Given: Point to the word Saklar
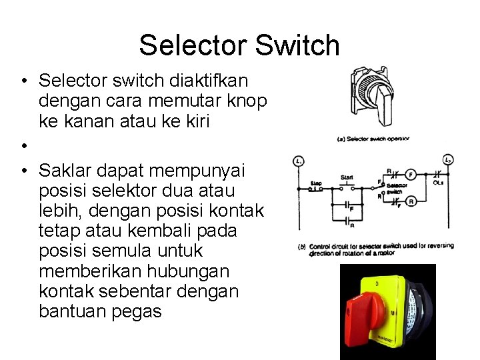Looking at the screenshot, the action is click(67, 171).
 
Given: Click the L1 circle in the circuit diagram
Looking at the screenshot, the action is click(299, 161).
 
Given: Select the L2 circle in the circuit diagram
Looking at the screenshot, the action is click(448, 161).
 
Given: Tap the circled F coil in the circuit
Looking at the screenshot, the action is click(411, 175).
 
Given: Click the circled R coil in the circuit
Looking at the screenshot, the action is click(411, 201).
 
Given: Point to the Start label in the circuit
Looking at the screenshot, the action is click(347, 177).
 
